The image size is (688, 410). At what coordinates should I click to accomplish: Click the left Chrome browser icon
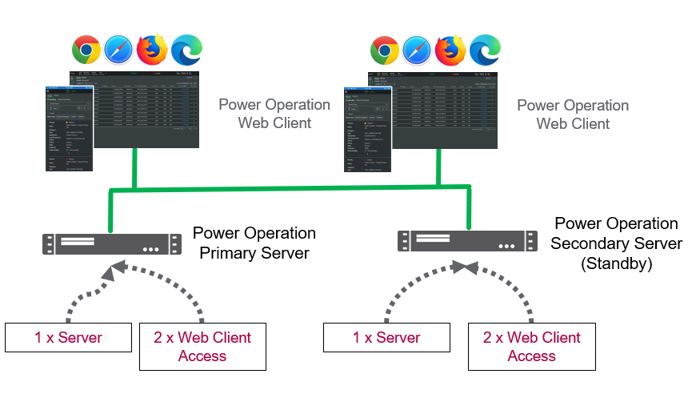click(86, 50)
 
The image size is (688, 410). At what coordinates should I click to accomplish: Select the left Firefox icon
click(152, 50)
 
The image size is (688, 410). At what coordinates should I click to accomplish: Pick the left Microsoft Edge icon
click(187, 50)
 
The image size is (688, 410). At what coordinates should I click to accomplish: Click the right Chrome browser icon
click(385, 50)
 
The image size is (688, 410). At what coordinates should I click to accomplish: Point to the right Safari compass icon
click(417, 50)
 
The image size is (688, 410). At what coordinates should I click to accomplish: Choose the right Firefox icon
click(450, 50)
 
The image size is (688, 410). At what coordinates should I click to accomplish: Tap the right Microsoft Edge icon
click(485, 50)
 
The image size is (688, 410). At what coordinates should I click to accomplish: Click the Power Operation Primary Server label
click(254, 243)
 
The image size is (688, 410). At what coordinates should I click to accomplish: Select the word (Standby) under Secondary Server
click(616, 263)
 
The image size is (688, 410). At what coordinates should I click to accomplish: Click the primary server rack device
click(111, 243)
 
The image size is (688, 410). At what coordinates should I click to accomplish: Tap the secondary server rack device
click(466, 240)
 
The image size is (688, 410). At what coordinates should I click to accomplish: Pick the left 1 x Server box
click(68, 338)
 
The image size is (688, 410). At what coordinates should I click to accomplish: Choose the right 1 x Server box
click(386, 338)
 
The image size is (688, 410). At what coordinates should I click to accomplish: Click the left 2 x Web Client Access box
click(202, 347)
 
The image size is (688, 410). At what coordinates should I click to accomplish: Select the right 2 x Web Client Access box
click(531, 347)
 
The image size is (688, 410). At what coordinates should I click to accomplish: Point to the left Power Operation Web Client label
click(274, 114)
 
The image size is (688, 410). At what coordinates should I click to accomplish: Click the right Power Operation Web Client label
click(573, 115)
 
